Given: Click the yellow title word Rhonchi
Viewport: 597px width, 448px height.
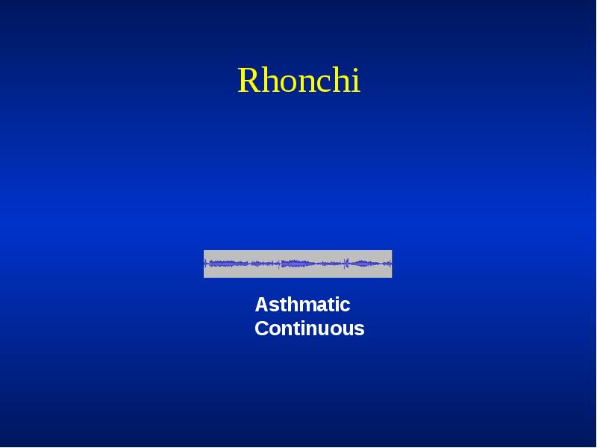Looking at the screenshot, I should click(298, 81).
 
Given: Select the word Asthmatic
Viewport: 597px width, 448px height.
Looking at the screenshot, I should click(302, 305).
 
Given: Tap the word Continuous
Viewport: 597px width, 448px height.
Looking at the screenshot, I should click(309, 329).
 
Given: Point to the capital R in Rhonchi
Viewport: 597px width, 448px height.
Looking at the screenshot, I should click(248, 81).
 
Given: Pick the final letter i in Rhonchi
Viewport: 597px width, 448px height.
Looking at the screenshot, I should click(355, 81).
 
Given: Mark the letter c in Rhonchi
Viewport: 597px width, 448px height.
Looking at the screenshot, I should click(321, 83).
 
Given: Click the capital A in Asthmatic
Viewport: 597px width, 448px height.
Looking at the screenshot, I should click(261, 305).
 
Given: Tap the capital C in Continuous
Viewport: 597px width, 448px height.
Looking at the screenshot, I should click(262, 329).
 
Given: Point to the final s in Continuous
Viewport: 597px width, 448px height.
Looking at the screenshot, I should click(360, 330).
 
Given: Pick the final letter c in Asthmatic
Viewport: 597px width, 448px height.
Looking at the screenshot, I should click(346, 306).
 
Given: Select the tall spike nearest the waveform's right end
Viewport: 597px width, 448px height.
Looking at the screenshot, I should click(346, 263).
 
